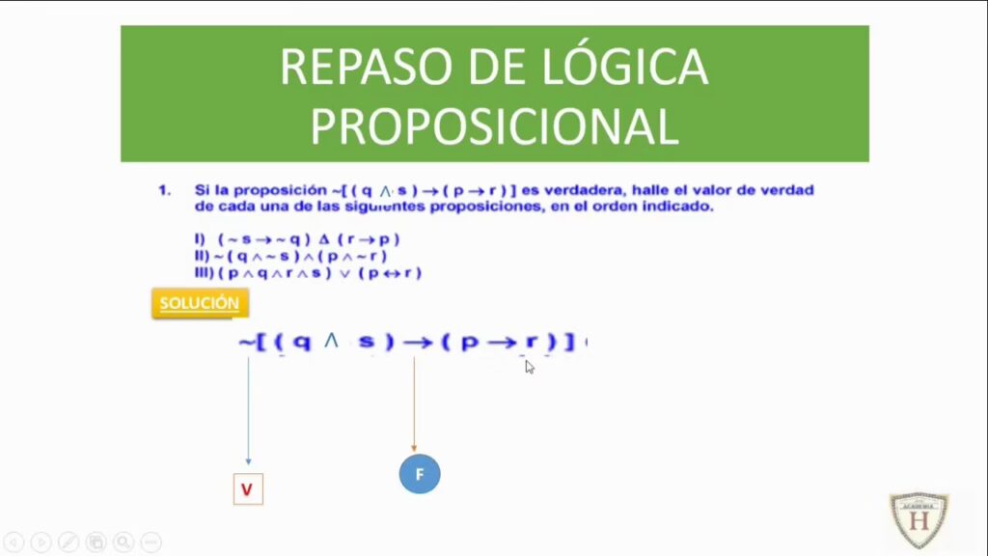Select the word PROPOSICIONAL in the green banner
tap(495, 126)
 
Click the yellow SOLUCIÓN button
tap(200, 303)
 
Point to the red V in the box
tap(247, 489)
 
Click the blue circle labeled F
tap(420, 474)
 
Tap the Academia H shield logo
tap(919, 520)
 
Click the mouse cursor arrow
tap(530, 367)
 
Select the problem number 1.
tap(164, 190)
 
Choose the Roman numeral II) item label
tap(203, 256)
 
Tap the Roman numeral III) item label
tap(205, 273)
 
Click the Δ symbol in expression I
tap(324, 239)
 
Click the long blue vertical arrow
tap(248, 411)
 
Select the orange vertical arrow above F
tap(414, 404)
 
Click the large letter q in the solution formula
tap(302, 343)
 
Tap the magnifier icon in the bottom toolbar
tap(123, 542)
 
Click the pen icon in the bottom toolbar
tap(69, 542)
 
